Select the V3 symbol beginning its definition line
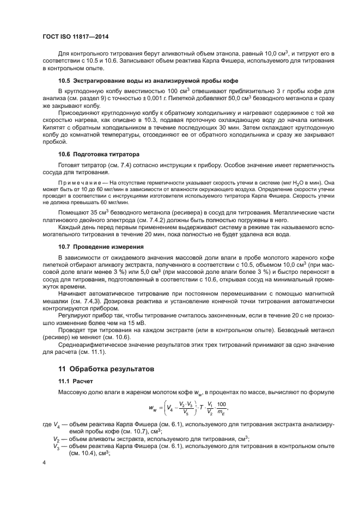coord(57,445)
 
